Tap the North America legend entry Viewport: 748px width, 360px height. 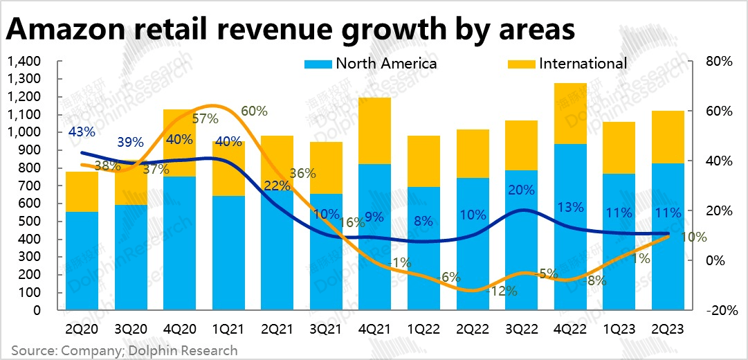click(371, 64)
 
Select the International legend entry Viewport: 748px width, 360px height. click(567, 64)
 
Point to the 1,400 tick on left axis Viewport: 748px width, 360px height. click(24, 62)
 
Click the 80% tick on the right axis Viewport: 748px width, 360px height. click(717, 62)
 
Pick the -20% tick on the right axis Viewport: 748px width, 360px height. click(717, 310)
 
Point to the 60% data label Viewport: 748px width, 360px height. click(254, 111)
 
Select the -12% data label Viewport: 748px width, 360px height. click(502, 291)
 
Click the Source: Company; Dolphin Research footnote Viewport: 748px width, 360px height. click(125, 350)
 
